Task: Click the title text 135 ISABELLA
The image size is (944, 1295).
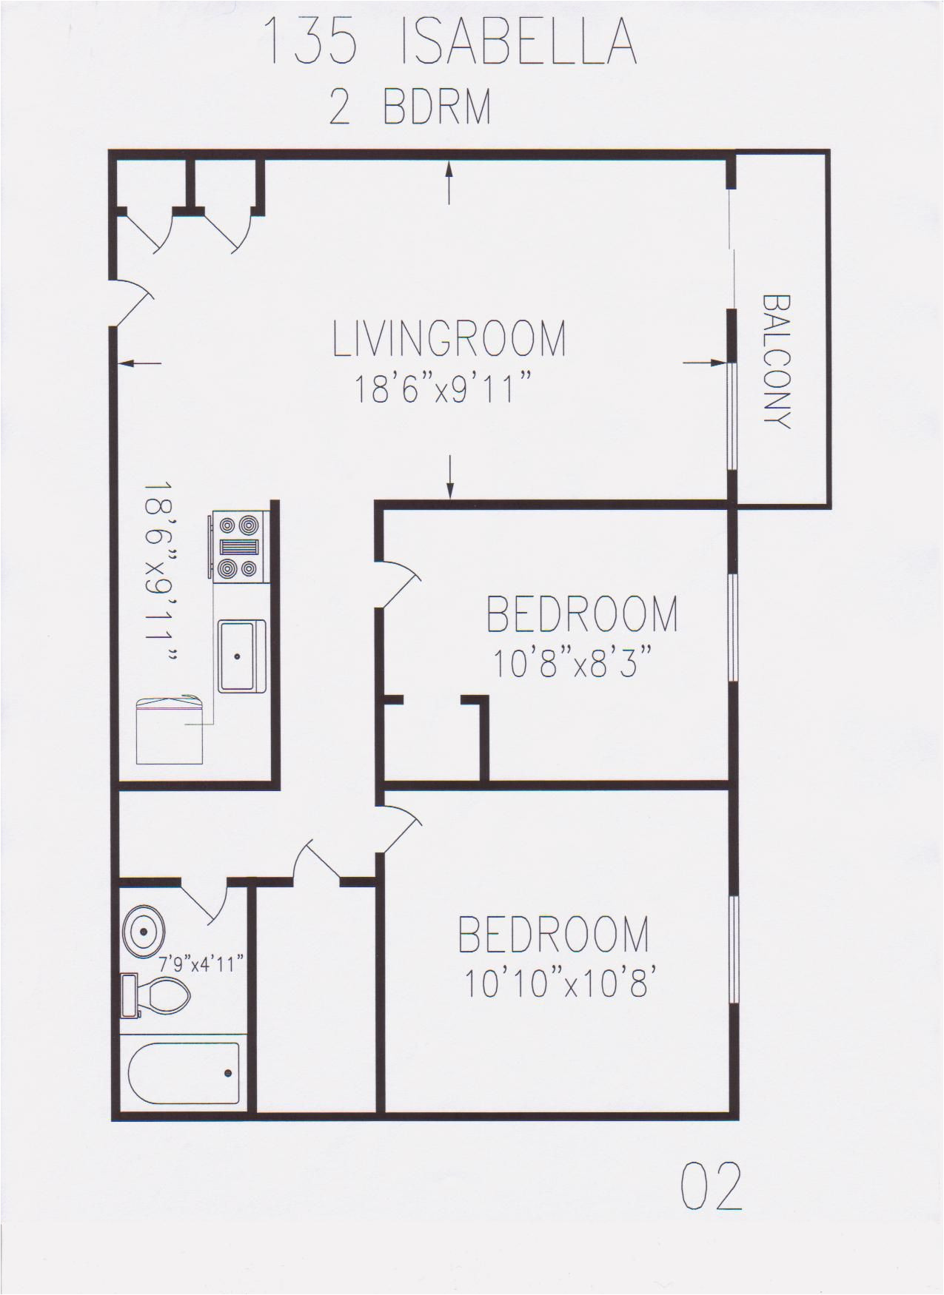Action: pyautogui.click(x=449, y=42)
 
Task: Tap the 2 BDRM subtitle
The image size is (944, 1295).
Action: pyautogui.click(x=409, y=108)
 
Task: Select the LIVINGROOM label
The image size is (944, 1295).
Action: pyautogui.click(x=449, y=338)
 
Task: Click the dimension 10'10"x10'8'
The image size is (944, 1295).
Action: pyautogui.click(x=560, y=984)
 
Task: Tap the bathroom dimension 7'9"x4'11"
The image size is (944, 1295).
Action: pyautogui.click(x=201, y=964)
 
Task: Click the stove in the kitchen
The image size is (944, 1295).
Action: pyautogui.click(x=237, y=546)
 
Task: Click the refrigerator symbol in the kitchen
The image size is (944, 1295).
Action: pyautogui.click(x=170, y=730)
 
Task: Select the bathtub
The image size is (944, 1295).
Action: pyautogui.click(x=184, y=1073)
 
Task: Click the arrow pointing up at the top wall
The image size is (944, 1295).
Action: pyautogui.click(x=448, y=181)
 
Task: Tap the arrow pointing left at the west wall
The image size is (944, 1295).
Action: pyautogui.click(x=139, y=363)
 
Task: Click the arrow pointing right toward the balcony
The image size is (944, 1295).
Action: pyautogui.click(x=703, y=363)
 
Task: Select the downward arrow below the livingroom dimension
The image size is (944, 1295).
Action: pyautogui.click(x=449, y=477)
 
